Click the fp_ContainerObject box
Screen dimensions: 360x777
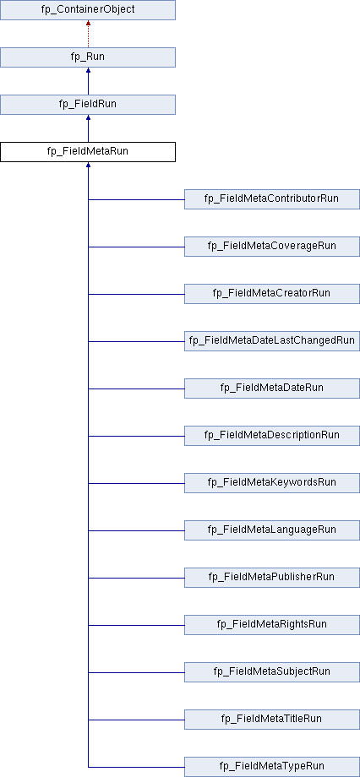point(88,10)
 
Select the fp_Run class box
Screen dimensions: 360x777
point(88,57)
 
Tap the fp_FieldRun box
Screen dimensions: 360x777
point(88,105)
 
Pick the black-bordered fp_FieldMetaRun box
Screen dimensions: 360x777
point(88,152)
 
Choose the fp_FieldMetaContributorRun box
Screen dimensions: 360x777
point(272,199)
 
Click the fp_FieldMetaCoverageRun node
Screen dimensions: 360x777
point(272,247)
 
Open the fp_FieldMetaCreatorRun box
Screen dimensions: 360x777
point(272,294)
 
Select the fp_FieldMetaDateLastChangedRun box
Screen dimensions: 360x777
point(272,341)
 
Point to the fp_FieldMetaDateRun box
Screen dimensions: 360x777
point(272,388)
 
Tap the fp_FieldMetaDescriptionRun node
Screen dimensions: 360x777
point(272,436)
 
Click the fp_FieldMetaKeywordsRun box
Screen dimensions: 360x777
point(272,482)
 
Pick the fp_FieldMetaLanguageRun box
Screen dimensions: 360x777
point(272,530)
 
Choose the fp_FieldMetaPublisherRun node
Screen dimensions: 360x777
point(272,578)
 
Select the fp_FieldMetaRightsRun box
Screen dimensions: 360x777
point(272,625)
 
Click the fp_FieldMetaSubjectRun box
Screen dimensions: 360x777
point(272,672)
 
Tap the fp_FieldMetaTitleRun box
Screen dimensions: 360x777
point(272,720)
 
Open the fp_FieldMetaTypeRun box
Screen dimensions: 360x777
point(272,767)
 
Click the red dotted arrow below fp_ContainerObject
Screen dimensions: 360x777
point(88,34)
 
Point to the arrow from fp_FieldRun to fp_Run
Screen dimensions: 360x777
point(88,81)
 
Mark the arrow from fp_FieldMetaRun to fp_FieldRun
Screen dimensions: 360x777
point(88,128)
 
